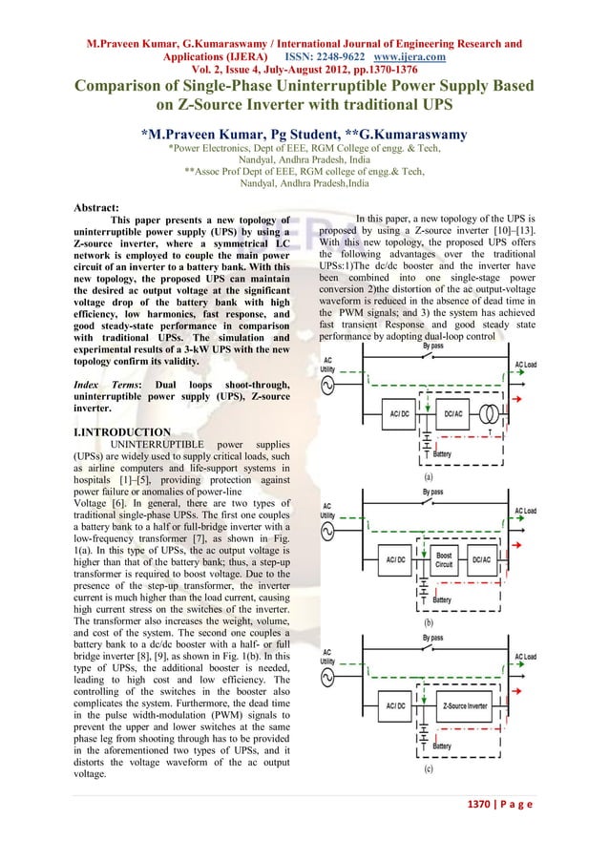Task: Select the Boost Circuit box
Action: click(444, 559)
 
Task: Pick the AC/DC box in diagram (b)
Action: click(395, 559)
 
